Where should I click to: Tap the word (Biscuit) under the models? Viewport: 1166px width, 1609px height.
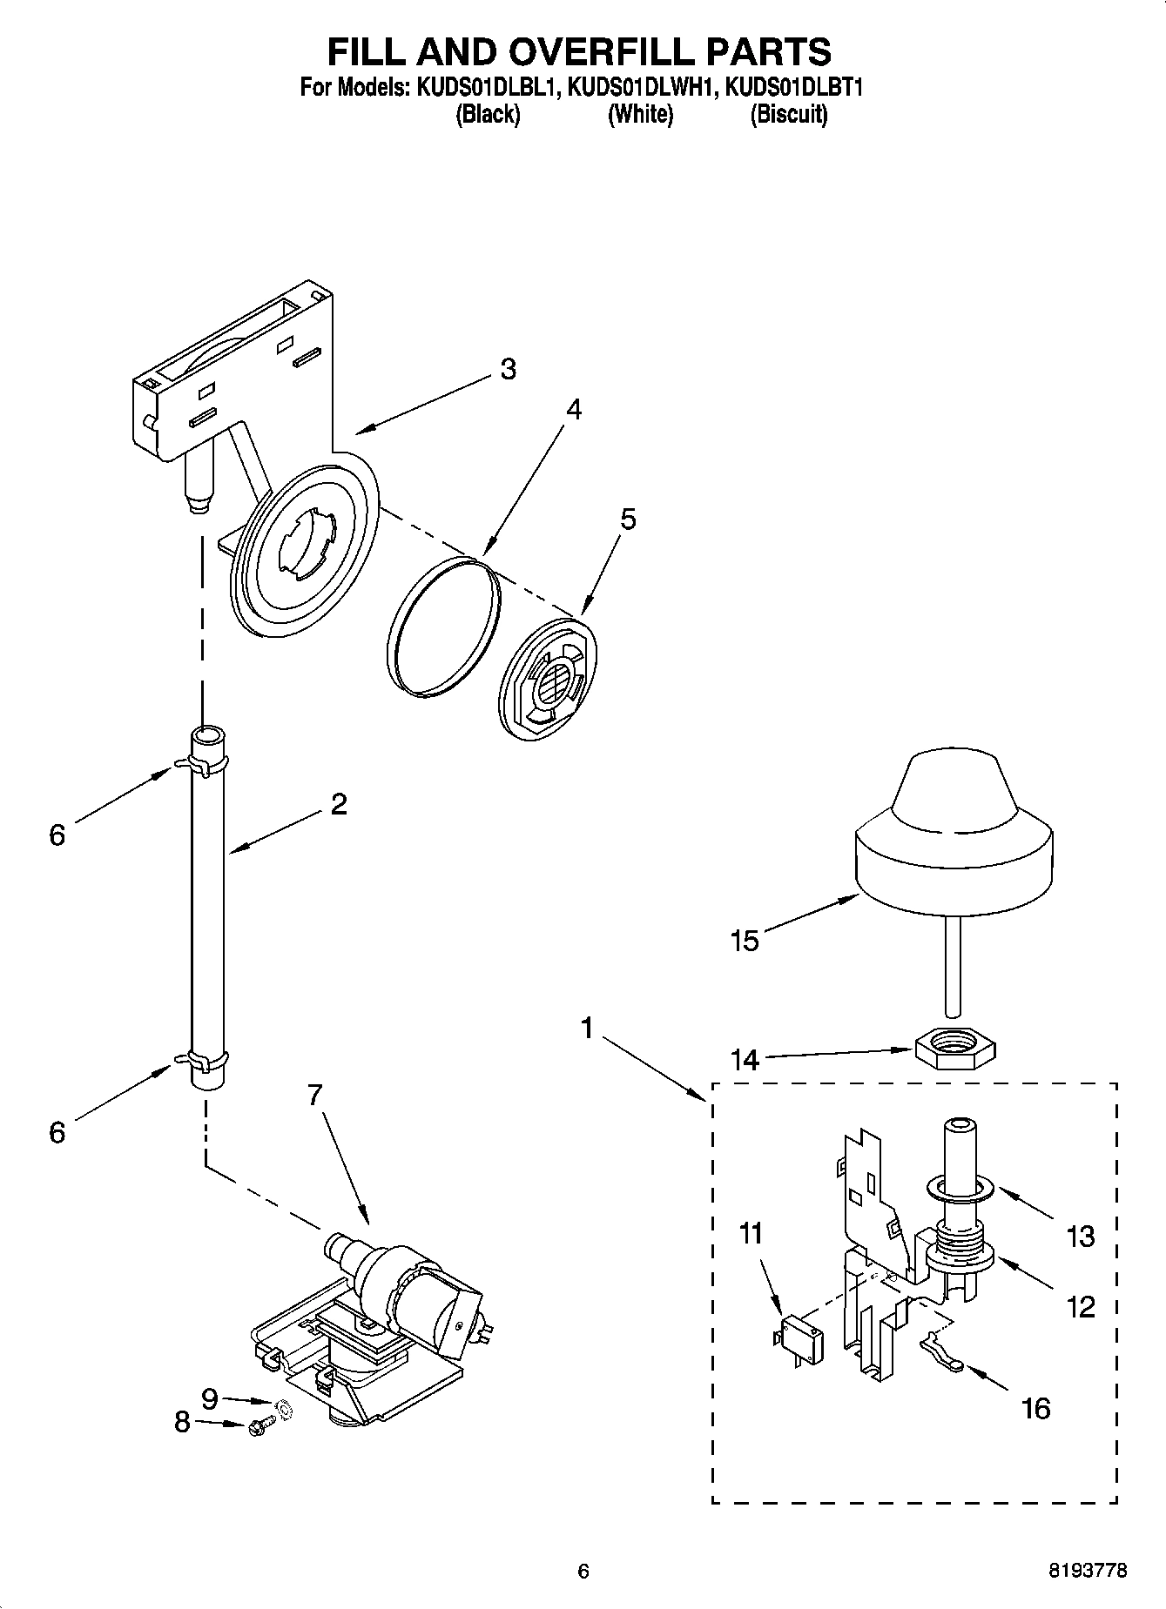coord(789,114)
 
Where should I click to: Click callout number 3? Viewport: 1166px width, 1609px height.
coord(509,369)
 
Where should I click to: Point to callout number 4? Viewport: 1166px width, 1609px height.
coord(573,409)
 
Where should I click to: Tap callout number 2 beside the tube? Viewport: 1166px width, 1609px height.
coord(339,803)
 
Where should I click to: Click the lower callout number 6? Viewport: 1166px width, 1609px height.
coord(57,1131)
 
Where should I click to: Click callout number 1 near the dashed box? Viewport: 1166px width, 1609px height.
coord(588,1029)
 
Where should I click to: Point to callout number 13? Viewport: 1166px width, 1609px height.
coord(1080,1236)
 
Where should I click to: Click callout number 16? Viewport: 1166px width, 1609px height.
coord(1036,1408)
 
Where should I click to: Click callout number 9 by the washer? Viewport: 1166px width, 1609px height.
coord(210,1398)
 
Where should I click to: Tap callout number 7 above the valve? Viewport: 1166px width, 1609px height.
coord(315,1096)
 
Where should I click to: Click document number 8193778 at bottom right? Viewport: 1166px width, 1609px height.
coord(1088,1571)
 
